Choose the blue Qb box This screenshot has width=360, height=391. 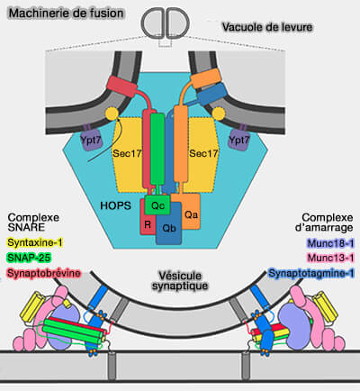tap(168, 229)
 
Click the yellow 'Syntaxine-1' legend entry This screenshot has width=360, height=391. tap(35, 243)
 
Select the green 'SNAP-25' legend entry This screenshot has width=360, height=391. tap(29, 258)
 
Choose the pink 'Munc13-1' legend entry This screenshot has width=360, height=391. tap(328, 258)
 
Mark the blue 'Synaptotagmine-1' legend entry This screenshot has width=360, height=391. tap(312, 272)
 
